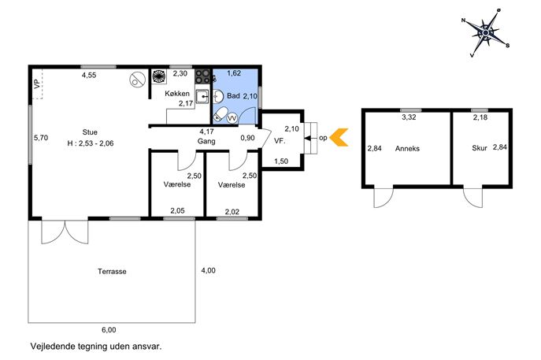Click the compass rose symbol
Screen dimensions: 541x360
click(x=485, y=33)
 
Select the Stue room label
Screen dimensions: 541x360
click(x=90, y=132)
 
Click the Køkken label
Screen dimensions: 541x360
click(x=177, y=94)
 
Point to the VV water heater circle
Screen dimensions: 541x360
click(x=232, y=118)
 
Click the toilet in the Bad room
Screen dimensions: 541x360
click(x=220, y=114)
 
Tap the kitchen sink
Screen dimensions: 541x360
click(x=202, y=97)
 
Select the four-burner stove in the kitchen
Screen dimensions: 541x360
click(x=202, y=76)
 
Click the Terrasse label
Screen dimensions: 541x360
click(x=112, y=272)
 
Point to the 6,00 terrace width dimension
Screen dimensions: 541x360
click(x=109, y=330)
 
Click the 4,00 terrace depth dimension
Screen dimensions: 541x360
click(x=209, y=271)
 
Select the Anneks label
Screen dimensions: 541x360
click(x=407, y=149)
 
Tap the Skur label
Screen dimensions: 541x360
click(x=480, y=148)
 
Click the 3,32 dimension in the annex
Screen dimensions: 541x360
click(x=409, y=117)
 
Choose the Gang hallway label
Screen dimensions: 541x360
click(x=206, y=141)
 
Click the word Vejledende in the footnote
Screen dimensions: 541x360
click(x=54, y=346)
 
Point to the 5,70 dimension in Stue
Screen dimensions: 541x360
click(x=41, y=138)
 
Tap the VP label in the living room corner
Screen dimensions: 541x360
click(x=37, y=84)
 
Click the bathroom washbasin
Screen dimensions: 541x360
click(x=217, y=97)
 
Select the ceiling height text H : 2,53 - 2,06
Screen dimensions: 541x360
click(x=91, y=143)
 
